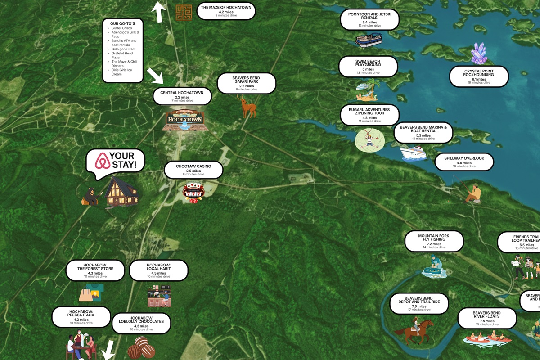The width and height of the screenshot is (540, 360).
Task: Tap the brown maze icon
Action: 184,12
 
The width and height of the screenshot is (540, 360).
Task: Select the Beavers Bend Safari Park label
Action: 246,84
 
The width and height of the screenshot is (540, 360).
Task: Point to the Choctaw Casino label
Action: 193,170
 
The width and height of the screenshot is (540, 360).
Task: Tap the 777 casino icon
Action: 193,193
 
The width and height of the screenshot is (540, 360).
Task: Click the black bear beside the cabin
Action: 91,196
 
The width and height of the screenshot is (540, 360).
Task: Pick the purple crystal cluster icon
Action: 478,54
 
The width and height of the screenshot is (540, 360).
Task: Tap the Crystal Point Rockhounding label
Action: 479,76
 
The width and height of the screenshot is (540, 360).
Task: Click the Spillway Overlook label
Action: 464,162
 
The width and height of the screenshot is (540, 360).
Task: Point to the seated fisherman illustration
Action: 472,193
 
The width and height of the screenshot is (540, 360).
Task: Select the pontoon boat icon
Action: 369,40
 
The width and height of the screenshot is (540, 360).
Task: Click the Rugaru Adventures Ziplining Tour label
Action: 369,115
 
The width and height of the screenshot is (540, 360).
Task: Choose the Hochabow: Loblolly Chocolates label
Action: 141,323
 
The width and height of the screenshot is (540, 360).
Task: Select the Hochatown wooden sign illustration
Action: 183,121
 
